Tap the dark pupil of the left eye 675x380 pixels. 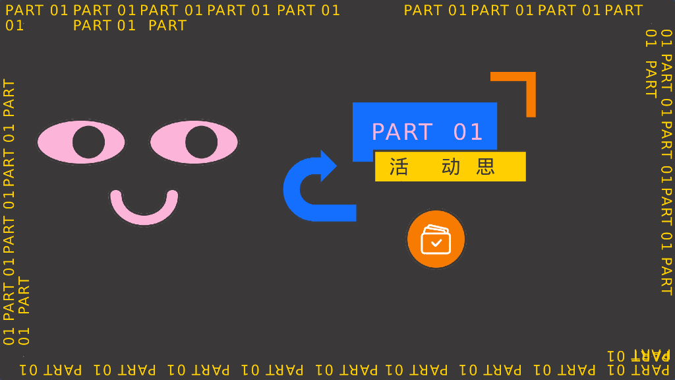coord(88,142)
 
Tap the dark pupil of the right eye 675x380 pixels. coord(201,141)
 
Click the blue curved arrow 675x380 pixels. coord(297,191)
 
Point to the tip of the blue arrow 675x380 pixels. coord(336,166)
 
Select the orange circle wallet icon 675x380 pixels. coord(436,239)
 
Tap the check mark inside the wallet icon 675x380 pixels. coord(436,243)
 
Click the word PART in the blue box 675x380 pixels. coord(402,132)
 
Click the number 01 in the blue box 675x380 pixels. coord(469,132)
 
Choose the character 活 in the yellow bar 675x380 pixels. coord(399,166)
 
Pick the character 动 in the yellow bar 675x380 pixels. coord(451,166)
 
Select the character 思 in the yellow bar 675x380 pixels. coord(486,166)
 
